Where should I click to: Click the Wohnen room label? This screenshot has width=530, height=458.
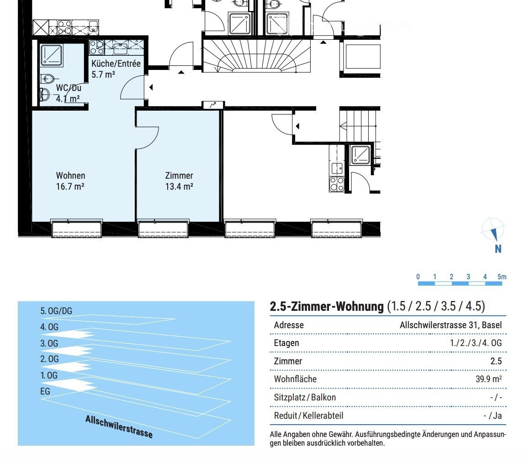[x=70, y=176]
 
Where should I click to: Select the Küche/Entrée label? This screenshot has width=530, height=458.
[x=116, y=64]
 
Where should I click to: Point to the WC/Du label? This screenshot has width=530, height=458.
[x=69, y=88]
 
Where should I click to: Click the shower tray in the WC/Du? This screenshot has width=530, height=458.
[x=51, y=55]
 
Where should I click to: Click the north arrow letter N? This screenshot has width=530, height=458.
[x=498, y=249]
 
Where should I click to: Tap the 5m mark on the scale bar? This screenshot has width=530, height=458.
[x=502, y=277]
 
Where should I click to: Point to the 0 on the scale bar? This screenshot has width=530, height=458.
[x=418, y=277]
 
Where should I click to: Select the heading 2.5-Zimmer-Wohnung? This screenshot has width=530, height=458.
[x=327, y=306]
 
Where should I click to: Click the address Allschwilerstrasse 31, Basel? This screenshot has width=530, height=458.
[x=450, y=325]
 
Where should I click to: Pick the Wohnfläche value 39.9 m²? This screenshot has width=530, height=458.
[x=488, y=379]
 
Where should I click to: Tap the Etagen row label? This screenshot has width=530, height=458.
[x=286, y=343]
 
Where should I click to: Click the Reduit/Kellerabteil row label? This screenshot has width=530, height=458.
[x=308, y=415]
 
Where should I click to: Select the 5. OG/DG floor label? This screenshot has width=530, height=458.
[x=56, y=311]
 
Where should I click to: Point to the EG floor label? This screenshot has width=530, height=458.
[x=45, y=391]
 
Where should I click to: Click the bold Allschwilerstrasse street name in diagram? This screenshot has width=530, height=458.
[x=119, y=426]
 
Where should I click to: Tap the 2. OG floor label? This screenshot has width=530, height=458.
[x=49, y=359]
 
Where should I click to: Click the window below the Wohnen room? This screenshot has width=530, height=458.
[x=76, y=229]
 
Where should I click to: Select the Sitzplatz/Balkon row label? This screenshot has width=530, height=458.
[x=305, y=397]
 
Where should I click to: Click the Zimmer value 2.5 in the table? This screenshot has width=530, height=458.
[x=496, y=361]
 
